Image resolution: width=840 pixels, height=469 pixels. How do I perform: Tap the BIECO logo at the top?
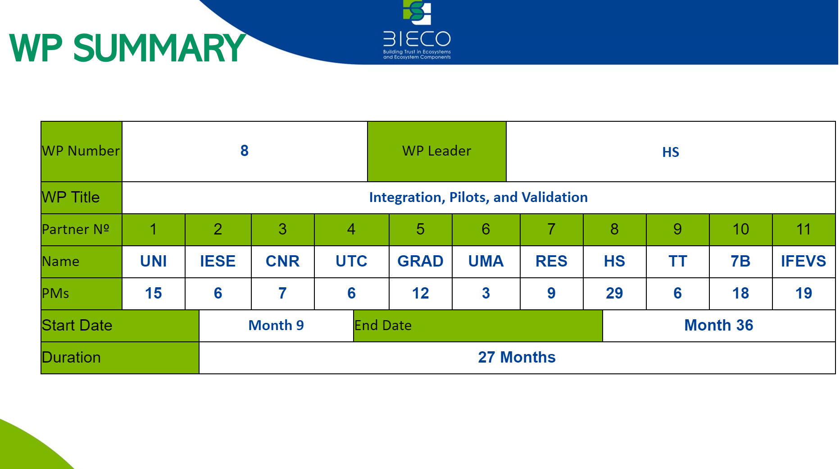click(417, 30)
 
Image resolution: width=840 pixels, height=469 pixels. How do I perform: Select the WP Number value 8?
click(245, 151)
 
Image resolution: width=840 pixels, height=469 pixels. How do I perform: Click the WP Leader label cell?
click(437, 151)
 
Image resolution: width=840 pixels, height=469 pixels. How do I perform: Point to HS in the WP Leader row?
click(671, 152)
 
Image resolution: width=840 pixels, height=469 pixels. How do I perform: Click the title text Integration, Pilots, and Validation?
click(478, 197)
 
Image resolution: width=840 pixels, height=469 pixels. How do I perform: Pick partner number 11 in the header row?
click(804, 229)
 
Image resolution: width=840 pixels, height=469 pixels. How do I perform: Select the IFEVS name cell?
click(804, 261)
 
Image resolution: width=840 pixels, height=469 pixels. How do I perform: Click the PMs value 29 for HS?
click(614, 293)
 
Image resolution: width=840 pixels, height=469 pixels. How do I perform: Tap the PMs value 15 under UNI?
click(153, 293)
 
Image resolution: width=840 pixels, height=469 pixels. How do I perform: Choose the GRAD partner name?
click(420, 261)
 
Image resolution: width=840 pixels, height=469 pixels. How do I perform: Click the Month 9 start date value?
click(276, 325)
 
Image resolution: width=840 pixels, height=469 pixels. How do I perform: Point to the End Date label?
click(383, 325)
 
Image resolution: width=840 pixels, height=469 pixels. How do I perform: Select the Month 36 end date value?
click(719, 325)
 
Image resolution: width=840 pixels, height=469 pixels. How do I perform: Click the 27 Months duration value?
click(517, 357)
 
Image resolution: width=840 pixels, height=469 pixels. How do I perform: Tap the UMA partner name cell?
click(486, 261)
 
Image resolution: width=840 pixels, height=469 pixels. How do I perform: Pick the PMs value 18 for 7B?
click(740, 293)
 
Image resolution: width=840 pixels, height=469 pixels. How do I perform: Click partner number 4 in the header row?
click(351, 229)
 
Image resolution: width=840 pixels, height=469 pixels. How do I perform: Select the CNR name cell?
click(282, 261)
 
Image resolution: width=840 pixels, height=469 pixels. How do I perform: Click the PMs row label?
click(55, 293)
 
